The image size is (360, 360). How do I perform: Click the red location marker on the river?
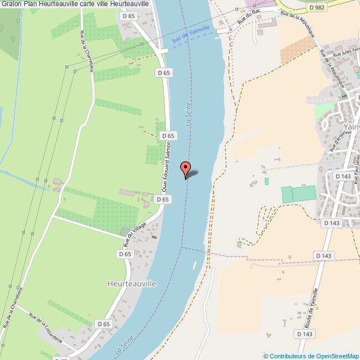pos(186,168)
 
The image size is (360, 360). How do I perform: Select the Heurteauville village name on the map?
pos(131,283)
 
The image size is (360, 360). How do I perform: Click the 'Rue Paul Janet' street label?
pos(357,166)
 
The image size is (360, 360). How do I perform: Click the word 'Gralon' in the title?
pos(11,4)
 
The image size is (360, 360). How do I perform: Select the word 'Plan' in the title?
pos(30,4)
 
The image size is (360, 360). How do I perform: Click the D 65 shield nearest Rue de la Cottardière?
pos(104,324)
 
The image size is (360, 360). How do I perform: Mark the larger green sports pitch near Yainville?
pos(303,194)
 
